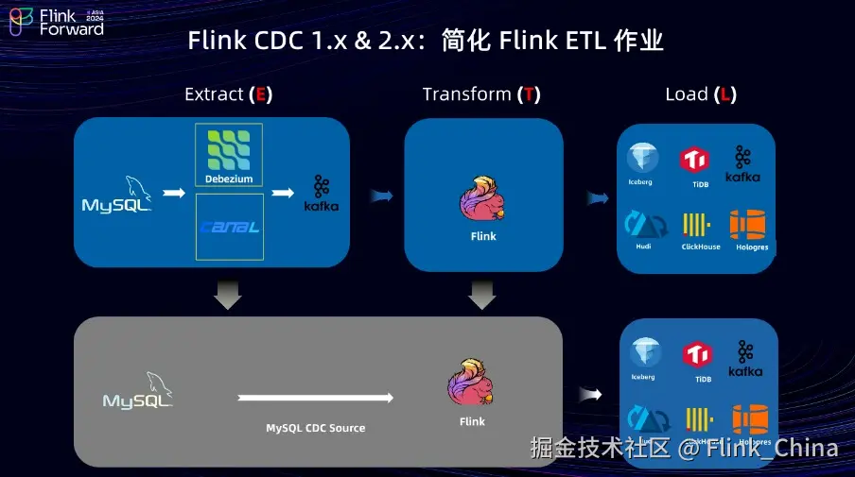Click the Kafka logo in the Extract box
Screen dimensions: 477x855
[322, 193]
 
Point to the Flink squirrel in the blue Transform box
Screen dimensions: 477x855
[482, 200]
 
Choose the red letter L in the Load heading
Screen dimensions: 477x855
[726, 94]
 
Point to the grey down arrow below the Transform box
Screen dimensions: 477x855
[482, 296]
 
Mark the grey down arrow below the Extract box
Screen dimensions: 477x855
[228, 296]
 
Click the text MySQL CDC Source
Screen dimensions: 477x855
[315, 428]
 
